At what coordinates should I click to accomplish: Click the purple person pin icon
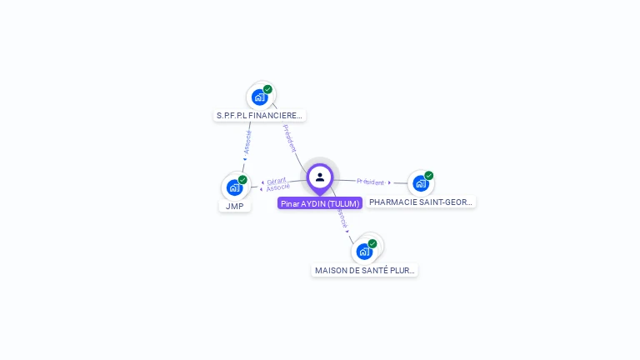pos(320,177)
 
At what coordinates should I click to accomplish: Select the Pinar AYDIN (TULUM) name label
pos(320,203)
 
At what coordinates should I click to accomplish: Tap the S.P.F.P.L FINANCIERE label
pos(259,116)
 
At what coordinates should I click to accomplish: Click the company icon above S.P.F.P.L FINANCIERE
pos(260,97)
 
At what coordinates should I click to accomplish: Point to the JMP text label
pos(234,206)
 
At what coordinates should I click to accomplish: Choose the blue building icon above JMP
pos(235,187)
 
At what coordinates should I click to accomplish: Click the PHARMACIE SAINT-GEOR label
pos(421,202)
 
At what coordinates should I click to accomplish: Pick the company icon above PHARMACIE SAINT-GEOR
pos(421,183)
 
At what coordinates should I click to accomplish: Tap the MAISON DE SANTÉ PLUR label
pos(364,271)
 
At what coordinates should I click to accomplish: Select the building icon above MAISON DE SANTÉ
pos(364,251)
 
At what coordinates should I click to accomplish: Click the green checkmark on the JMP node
pos(242,180)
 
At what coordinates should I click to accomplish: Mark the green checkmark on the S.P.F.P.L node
pos(267,89)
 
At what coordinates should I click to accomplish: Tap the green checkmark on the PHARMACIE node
pos(428,176)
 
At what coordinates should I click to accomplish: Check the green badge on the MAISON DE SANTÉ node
pos(372,243)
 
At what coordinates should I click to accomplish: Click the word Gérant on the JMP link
pos(277,181)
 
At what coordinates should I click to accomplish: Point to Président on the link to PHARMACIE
pos(370,182)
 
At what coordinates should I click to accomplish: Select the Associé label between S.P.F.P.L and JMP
pos(247,142)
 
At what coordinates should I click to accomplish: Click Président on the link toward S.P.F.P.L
pos(289,137)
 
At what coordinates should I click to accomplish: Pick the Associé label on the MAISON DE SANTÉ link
pos(342,218)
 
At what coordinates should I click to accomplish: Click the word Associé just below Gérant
pos(278,187)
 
